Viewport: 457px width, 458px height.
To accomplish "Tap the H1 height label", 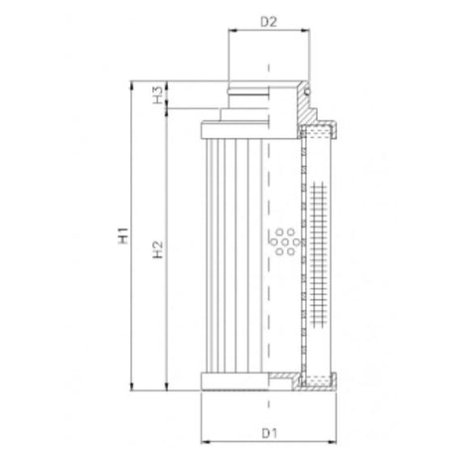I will coord(123,237).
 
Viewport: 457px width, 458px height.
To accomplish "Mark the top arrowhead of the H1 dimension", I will coord(133,84).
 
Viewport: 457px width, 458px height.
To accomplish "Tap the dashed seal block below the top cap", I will coord(320,132).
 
